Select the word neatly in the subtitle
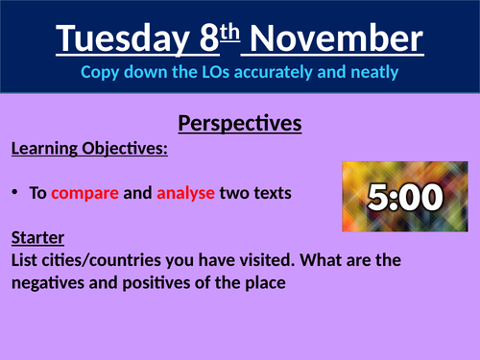coord(373,72)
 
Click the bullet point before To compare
coord(17,192)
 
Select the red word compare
coord(85,193)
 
